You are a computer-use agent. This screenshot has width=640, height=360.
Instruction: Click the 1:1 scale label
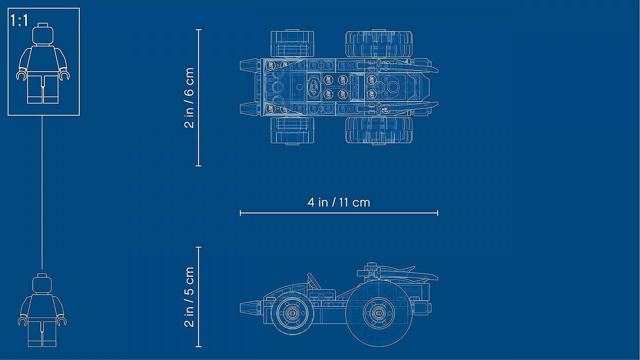tap(20, 20)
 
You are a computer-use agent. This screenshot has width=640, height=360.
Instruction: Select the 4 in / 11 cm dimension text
tap(339, 202)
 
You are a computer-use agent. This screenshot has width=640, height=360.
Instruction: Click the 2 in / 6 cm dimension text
tap(189, 98)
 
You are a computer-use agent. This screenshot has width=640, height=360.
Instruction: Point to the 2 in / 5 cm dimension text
tap(189, 297)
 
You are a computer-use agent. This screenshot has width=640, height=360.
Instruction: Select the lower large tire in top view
tap(378, 130)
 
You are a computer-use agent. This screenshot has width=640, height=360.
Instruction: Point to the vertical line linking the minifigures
tap(42, 192)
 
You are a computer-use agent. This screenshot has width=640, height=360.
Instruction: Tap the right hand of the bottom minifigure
tap(62, 321)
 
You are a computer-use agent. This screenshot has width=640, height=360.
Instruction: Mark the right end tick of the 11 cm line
tap(438, 213)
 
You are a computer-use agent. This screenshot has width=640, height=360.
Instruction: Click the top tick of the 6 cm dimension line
tap(199, 30)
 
